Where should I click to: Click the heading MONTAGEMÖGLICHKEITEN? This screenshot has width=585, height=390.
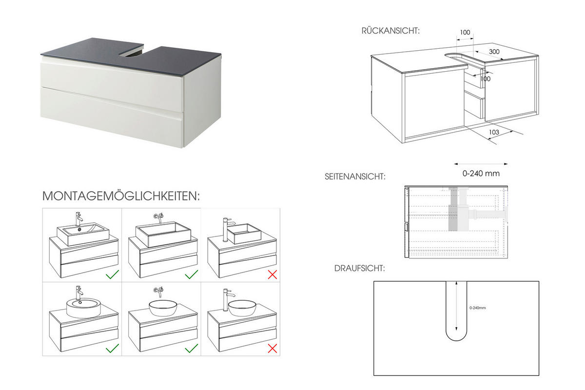121,196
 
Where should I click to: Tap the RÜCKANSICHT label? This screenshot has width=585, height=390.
390,31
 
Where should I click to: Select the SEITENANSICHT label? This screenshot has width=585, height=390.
355,176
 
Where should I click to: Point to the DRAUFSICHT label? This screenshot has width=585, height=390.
359,269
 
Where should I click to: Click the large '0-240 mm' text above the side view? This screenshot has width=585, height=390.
481,173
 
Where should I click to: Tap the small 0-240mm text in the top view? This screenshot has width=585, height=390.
478,308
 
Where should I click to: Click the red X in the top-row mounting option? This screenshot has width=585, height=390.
272,274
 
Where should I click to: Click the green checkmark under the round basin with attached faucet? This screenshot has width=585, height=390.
113,348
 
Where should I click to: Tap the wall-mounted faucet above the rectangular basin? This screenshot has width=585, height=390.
159,216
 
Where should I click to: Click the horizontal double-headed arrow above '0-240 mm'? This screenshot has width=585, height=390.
481,164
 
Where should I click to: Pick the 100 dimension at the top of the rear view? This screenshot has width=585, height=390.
465,33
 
